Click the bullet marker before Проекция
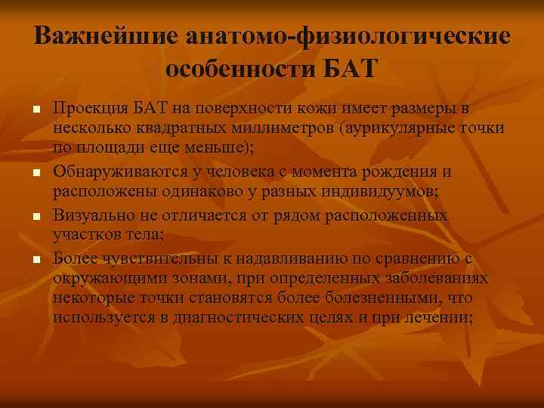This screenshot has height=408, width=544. (x=35, y=111)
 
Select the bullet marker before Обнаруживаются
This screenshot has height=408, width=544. (x=35, y=175)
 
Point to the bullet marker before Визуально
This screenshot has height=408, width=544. (x=35, y=218)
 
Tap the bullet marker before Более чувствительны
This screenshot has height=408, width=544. (x=35, y=260)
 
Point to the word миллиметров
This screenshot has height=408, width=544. (x=280, y=128)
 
